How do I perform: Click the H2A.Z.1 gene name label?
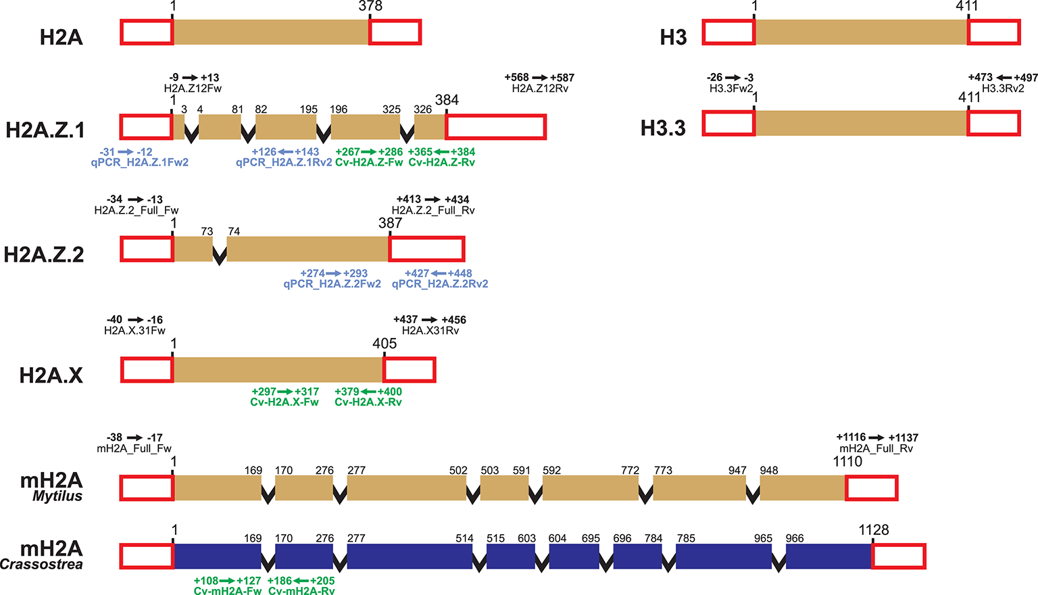[x=45, y=129]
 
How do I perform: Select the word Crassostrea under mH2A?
[x=41, y=565]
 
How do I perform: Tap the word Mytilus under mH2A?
[x=57, y=496]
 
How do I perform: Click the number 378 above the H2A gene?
[x=370, y=6]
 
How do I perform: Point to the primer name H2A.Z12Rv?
[x=540, y=89]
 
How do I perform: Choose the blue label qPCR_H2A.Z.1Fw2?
[x=139, y=162]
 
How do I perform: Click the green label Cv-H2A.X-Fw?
[x=285, y=402]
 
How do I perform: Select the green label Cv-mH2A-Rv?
[x=301, y=591]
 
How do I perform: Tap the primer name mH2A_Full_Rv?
[x=876, y=448]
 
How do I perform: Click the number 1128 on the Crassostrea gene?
[x=874, y=530]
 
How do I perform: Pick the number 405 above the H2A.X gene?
[x=385, y=343]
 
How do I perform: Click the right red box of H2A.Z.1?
[x=495, y=127]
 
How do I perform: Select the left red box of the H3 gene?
[x=728, y=32]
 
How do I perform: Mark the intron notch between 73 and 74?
[x=220, y=255]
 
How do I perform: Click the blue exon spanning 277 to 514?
[x=410, y=556]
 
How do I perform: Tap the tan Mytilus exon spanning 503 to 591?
[x=504, y=488]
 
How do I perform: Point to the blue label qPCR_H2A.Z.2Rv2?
[x=440, y=284]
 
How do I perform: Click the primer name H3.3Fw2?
[x=731, y=89]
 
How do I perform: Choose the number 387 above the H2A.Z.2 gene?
[x=391, y=223]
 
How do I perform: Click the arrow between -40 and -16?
[x=136, y=320]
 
